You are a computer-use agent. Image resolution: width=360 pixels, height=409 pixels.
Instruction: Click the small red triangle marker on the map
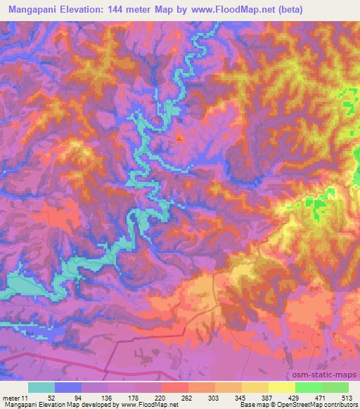[179, 138]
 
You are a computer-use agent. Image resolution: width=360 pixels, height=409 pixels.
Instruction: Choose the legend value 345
[240, 397]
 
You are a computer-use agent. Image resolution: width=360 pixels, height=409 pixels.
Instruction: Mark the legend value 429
[294, 397]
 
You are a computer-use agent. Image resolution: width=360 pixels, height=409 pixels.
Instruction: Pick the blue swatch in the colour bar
[68, 387]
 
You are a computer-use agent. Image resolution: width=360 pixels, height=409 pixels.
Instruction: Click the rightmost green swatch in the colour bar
[335, 387]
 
